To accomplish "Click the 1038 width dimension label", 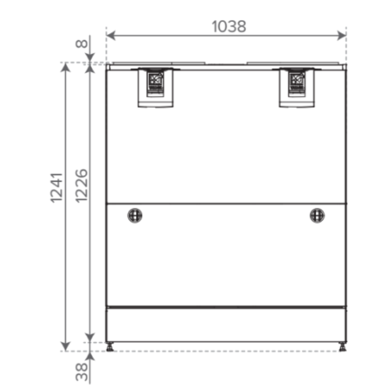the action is click(x=229, y=27).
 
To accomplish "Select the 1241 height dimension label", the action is click(x=56, y=188).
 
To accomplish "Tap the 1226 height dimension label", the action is click(x=81, y=186).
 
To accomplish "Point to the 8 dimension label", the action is click(x=81, y=44).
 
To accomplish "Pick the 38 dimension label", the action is click(x=82, y=372).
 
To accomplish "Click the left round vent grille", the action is click(x=135, y=216).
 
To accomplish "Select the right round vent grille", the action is click(x=317, y=216).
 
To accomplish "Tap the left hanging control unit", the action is click(x=155, y=87).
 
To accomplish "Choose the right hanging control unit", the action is click(x=296, y=87).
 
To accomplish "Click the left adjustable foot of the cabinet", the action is click(x=110, y=347).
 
